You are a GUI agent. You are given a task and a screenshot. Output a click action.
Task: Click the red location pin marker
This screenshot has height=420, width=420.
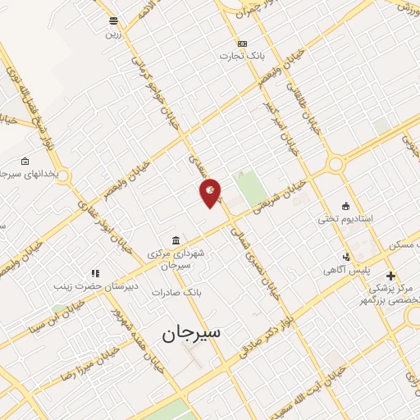coord(211,193)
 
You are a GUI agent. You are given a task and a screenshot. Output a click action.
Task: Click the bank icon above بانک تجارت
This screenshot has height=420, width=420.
coord(241,43)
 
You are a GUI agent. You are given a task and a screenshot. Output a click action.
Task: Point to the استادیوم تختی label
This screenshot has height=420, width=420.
coord(346,219)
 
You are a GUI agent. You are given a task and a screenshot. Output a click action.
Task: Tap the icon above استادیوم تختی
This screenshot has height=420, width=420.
coord(346,206)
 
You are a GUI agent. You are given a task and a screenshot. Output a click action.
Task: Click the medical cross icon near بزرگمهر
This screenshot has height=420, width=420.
coord(390,276)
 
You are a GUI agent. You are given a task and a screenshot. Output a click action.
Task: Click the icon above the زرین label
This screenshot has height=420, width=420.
coord(112,21)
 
